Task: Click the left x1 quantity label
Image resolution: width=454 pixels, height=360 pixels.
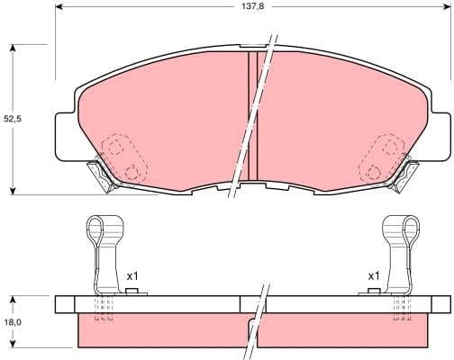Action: click(132, 275)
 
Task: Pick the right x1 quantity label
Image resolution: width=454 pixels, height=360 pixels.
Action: click(373, 275)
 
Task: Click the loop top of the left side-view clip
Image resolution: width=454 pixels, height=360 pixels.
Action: click(98, 225)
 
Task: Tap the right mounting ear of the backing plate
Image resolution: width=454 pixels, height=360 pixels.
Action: click(440, 130)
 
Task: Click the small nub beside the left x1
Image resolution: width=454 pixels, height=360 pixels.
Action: click(132, 291)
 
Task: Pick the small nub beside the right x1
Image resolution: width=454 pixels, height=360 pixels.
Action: click(373, 291)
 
